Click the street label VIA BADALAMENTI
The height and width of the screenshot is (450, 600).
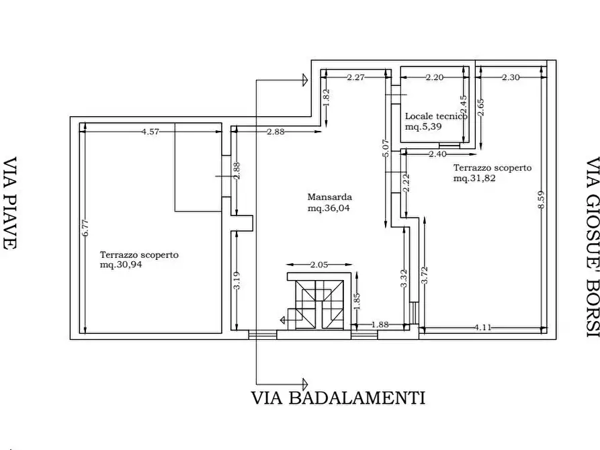click(x=338, y=398)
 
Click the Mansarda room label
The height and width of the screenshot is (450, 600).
click(x=330, y=197)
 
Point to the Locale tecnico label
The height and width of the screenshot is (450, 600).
click(x=435, y=116)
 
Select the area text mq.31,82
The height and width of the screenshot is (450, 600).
click(x=474, y=179)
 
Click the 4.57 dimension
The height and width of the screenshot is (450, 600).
click(x=151, y=132)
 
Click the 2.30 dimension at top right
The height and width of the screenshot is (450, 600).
click(x=510, y=78)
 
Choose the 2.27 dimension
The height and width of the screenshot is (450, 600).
click(x=355, y=78)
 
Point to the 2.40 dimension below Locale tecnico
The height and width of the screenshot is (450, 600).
click(x=437, y=154)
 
